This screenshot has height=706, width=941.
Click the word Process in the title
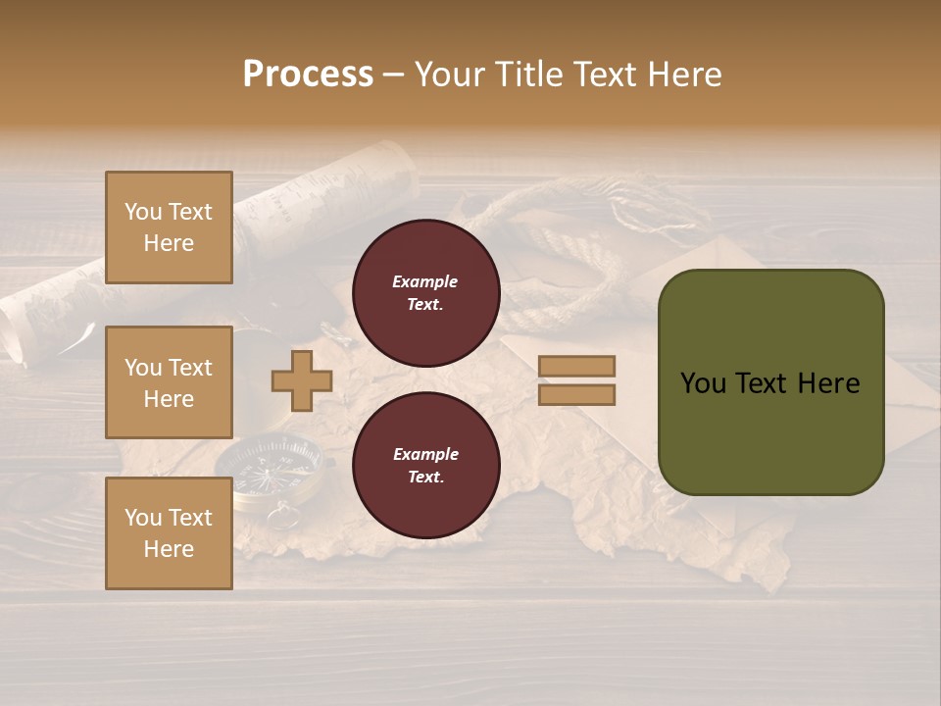coord(308,75)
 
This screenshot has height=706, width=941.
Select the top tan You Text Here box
coord(169,227)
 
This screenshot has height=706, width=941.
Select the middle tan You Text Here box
coord(169,382)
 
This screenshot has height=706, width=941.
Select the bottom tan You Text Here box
coord(169,533)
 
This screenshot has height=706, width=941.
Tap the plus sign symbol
coord(302,380)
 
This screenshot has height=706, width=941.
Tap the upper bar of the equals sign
coord(576,366)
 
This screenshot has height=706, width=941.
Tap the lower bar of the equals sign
coord(576,395)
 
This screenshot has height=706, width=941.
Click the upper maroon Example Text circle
coord(425,292)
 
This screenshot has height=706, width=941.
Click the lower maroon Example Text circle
coord(425,465)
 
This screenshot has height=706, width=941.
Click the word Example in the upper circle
coord(424,281)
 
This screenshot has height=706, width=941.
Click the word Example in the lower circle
coord(425,454)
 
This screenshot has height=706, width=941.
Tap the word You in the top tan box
coord(143,212)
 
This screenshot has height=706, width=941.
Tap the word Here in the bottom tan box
coord(169,549)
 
